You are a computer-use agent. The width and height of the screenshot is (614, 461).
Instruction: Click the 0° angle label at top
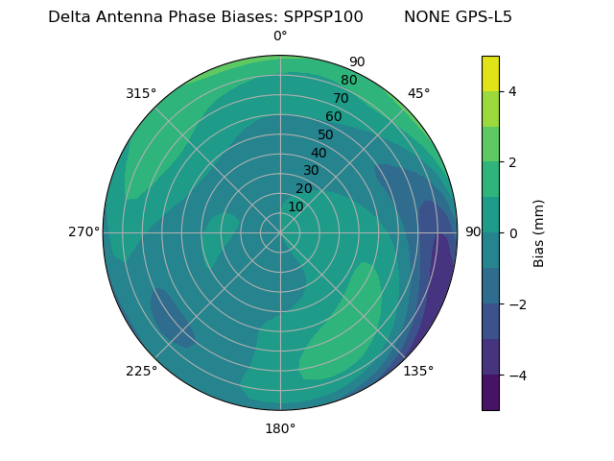280,36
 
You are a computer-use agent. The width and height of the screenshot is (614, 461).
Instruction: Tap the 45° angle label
418,93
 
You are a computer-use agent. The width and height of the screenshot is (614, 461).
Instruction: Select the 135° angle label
418,371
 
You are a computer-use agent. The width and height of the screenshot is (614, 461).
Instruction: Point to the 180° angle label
280,428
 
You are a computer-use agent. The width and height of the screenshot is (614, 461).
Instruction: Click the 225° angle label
141,371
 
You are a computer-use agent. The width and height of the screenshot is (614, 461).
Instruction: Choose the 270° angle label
84,231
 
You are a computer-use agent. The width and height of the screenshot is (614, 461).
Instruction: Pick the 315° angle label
141,93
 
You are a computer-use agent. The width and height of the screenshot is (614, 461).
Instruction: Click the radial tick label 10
295,206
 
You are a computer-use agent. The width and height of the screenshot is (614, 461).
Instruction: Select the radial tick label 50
326,134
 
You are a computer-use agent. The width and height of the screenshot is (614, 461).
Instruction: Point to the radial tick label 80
348,80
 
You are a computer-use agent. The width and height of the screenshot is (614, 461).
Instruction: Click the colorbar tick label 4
512,91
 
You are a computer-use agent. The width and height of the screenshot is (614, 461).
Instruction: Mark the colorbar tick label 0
512,232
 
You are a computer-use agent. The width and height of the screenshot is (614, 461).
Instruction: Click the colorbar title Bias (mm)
539,232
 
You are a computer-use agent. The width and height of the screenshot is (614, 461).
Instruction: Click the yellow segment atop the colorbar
490,73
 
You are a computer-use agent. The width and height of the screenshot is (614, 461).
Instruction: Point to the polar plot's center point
280,232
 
